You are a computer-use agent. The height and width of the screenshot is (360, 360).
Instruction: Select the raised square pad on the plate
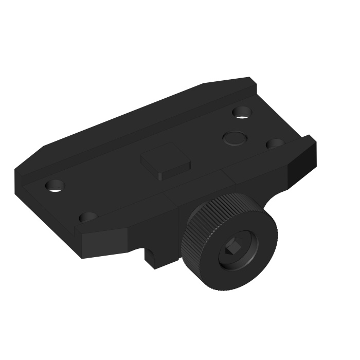click(x=166, y=161)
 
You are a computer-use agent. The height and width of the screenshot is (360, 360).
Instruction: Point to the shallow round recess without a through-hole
click(x=234, y=137)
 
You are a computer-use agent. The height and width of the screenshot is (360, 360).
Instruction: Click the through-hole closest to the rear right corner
click(x=241, y=112)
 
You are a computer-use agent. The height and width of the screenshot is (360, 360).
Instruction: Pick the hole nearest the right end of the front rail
click(x=275, y=144)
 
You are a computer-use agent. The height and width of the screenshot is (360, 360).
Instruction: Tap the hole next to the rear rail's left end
click(x=55, y=185)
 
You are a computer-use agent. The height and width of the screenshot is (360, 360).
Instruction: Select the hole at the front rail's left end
click(x=87, y=218)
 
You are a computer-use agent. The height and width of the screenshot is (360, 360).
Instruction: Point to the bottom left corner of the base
click(x=82, y=257)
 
